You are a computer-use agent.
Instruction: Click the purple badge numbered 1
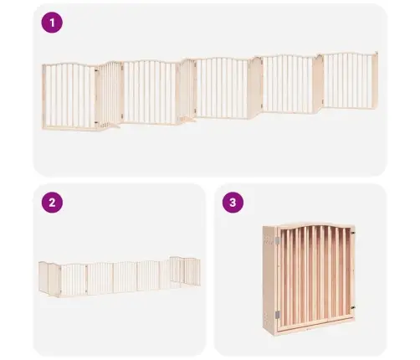click(x=52, y=23)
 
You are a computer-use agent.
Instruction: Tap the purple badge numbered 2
click(x=52, y=203)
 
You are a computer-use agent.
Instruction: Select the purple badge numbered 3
click(x=233, y=203)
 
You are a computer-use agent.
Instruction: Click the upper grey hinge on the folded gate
click(x=277, y=241)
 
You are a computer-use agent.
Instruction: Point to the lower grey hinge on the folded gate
click(x=277, y=315)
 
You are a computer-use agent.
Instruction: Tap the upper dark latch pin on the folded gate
click(x=353, y=233)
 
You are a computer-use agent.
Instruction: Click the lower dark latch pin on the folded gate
click(x=353, y=307)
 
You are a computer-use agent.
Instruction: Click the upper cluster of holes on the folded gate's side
click(x=269, y=239)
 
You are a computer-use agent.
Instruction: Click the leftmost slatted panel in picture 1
click(x=69, y=97)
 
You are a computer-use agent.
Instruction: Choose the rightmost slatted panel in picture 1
click(x=348, y=80)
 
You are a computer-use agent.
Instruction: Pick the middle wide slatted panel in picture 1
click(x=222, y=88)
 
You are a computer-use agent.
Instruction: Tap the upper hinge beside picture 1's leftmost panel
click(x=96, y=69)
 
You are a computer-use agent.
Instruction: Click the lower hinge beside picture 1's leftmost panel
click(x=96, y=122)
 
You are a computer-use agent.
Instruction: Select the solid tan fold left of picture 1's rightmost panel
click(x=318, y=83)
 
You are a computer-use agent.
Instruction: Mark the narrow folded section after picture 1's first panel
click(x=110, y=95)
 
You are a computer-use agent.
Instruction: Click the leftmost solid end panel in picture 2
click(x=44, y=277)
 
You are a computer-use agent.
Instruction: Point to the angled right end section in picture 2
click(x=185, y=271)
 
